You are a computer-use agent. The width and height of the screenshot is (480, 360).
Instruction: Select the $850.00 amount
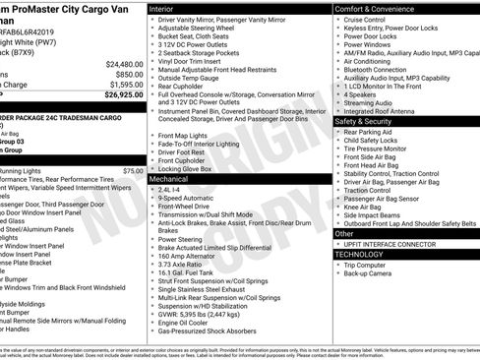[128, 74]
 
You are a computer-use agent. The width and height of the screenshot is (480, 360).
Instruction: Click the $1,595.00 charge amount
[123, 85]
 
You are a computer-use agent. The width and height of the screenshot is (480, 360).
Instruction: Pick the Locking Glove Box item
[189, 169]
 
